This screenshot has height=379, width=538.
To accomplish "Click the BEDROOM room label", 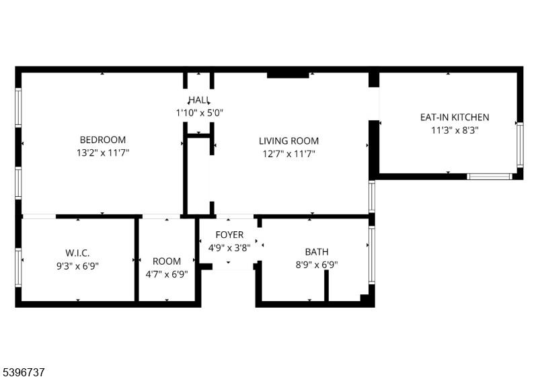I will [x=102, y=140].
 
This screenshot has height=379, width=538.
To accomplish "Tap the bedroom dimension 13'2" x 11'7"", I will [x=102, y=153].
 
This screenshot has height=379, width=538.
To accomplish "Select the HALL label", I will [x=198, y=99].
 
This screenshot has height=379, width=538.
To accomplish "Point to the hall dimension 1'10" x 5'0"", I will [x=198, y=113].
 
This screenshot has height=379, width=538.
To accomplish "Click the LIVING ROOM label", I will [x=289, y=141].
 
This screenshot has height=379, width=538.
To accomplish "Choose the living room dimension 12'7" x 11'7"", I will [x=289, y=154].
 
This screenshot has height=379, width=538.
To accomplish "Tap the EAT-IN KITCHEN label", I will [x=455, y=117].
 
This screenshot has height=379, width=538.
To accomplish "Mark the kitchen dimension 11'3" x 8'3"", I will [x=455, y=130].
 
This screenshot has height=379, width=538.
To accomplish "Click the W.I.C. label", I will [x=77, y=253].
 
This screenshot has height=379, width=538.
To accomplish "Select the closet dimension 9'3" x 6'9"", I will [x=77, y=265].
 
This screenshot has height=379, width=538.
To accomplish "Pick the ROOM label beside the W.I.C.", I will [x=167, y=261].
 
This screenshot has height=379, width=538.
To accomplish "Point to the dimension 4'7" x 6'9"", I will [x=167, y=274].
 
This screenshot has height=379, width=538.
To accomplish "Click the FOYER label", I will [x=229, y=235].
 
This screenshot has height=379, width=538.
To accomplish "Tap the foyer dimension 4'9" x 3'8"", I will [x=229, y=247].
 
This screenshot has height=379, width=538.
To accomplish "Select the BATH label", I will [x=316, y=252].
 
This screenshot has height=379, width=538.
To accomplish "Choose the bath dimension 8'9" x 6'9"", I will [x=316, y=265].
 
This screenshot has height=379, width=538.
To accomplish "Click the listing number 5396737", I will [x=24, y=370].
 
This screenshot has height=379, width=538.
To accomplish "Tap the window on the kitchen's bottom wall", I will [x=490, y=176].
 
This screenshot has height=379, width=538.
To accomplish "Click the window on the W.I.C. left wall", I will [x=18, y=267].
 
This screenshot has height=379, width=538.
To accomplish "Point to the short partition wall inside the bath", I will [x=326, y=286].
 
